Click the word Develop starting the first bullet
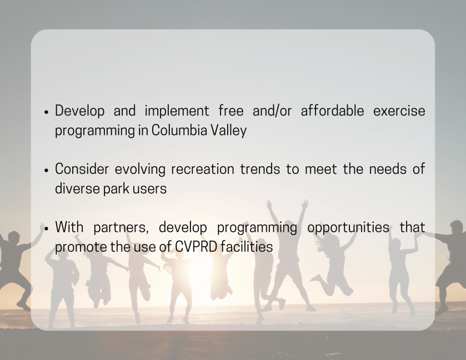[x=79, y=111]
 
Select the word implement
[x=177, y=112]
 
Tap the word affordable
[x=332, y=111]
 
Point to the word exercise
[x=399, y=111]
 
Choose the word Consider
[x=82, y=169]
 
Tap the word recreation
[x=203, y=169]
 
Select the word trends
[x=260, y=169]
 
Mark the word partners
[x=121, y=228]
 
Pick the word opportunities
[x=348, y=228]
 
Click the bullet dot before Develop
[x=46, y=112]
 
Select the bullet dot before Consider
[x=46, y=171]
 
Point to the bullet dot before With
[x=46, y=228]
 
